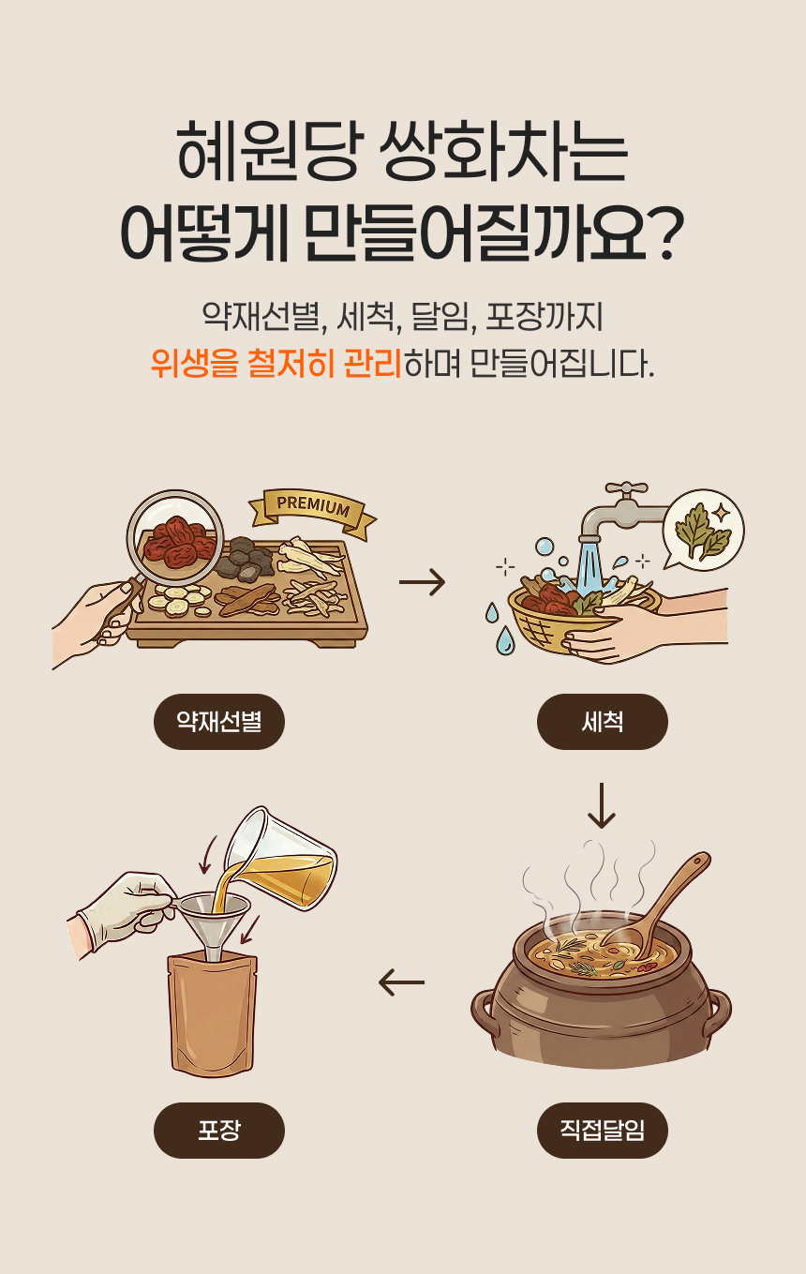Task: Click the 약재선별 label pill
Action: pyautogui.click(x=218, y=721)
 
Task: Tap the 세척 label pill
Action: pyautogui.click(x=602, y=721)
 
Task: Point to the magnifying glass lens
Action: pyautogui.click(x=175, y=537)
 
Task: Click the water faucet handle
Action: pyautogui.click(x=626, y=488)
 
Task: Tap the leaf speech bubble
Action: pyautogui.click(x=704, y=529)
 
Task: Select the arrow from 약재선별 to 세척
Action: pyautogui.click(x=422, y=582)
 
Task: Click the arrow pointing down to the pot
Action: pyautogui.click(x=602, y=805)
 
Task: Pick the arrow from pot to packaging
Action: pyautogui.click(x=401, y=982)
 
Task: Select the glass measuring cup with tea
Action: pyautogui.click(x=281, y=858)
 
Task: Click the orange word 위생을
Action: pyautogui.click(x=194, y=364)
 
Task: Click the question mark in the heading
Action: pyautogui.click(x=665, y=233)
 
